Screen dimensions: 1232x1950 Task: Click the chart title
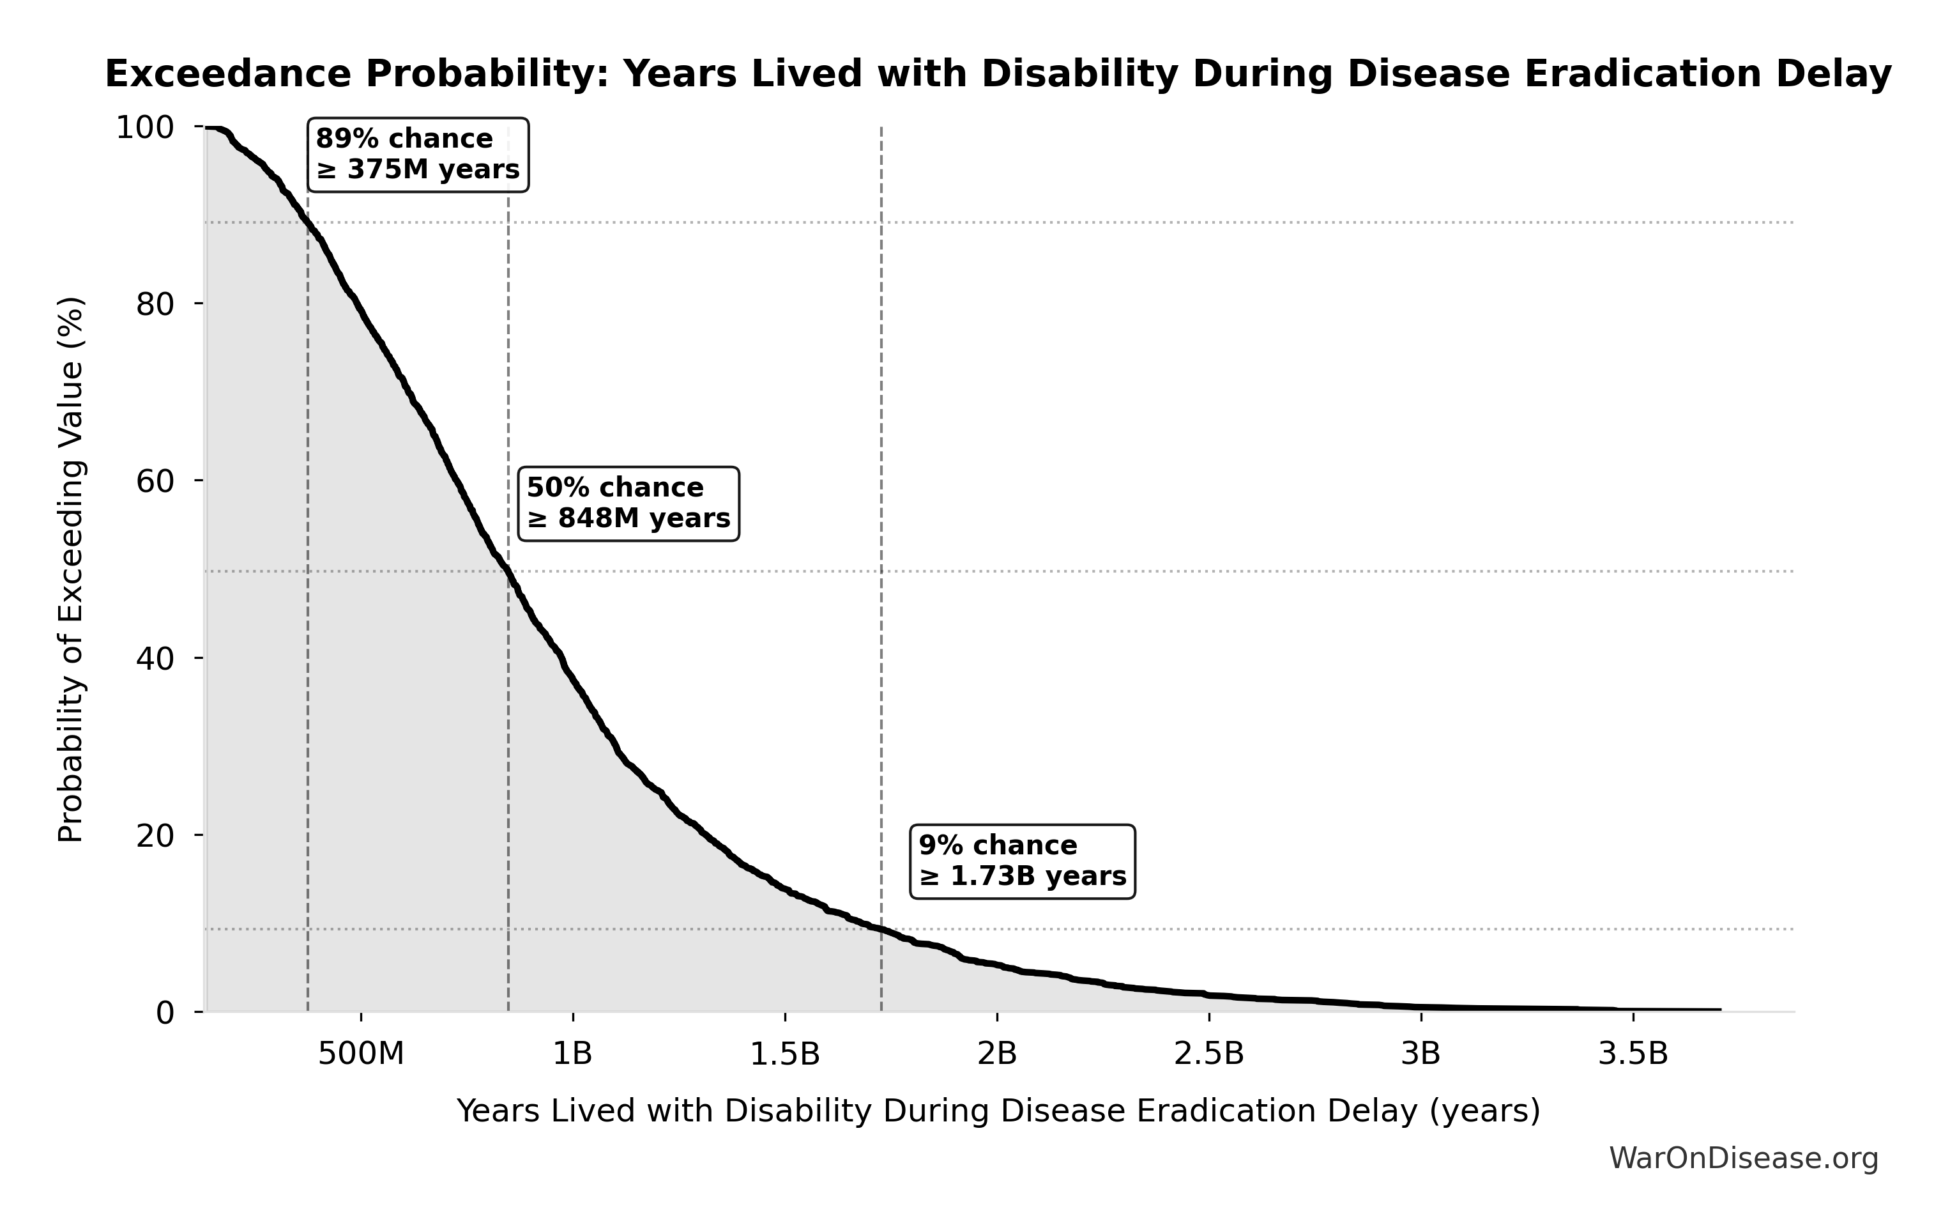click(998, 75)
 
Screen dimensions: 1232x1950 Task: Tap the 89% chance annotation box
click(418, 155)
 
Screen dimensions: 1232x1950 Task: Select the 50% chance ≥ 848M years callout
click(628, 503)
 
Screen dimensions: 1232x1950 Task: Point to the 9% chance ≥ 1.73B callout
click(1022, 861)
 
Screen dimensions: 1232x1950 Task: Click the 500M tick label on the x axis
click(360, 1054)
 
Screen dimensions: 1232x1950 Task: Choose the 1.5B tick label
click(785, 1054)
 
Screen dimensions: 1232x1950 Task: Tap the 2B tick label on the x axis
click(997, 1054)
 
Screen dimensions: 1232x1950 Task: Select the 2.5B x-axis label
click(1209, 1054)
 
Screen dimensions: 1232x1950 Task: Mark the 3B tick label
click(1421, 1054)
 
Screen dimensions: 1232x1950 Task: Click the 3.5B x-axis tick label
click(1633, 1054)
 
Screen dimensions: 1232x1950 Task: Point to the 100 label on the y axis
click(145, 127)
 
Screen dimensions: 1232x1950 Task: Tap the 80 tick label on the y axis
click(155, 305)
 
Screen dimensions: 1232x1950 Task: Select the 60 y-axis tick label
click(155, 481)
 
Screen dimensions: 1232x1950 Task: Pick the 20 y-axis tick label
click(155, 835)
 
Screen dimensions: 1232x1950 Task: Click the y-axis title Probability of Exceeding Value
click(72, 569)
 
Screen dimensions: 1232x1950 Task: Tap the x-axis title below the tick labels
click(998, 1111)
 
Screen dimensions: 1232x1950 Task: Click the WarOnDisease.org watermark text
click(1742, 1159)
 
